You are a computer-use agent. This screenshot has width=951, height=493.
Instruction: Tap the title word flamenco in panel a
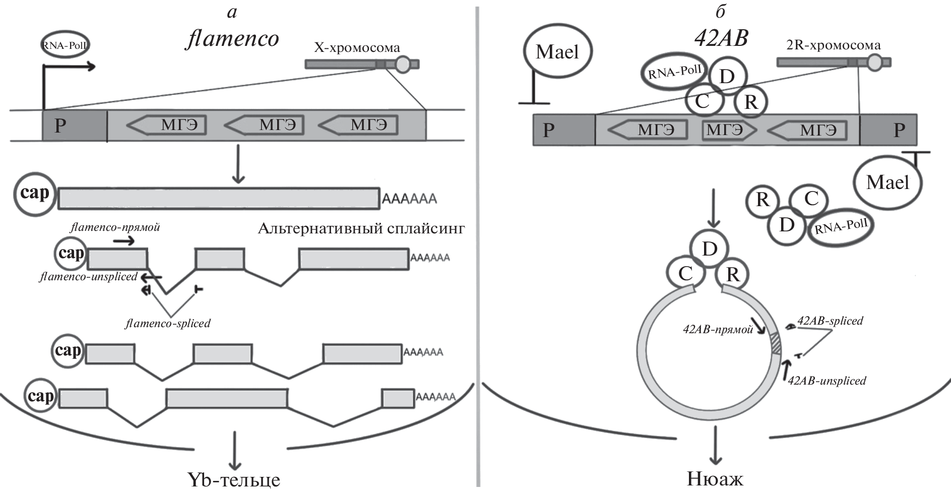coord(232,38)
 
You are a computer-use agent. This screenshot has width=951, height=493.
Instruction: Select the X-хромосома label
coord(357,48)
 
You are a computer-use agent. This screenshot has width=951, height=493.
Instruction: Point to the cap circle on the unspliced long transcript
coord(34,193)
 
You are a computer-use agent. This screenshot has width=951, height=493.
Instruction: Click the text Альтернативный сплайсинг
coord(361,229)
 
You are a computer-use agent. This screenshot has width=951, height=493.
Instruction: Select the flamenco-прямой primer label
coord(115,227)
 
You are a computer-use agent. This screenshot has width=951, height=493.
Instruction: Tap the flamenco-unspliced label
coord(89,277)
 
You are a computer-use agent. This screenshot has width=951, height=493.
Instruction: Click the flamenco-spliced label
coord(168,323)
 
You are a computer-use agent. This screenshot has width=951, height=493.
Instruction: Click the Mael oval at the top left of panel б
coord(557,52)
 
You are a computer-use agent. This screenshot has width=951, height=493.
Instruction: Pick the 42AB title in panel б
coord(721,38)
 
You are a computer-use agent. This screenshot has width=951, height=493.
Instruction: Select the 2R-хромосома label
coord(834,45)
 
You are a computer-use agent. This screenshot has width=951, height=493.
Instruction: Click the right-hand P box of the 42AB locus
coord(888,130)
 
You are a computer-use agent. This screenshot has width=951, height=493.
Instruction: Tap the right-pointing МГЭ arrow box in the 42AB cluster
coord(729,130)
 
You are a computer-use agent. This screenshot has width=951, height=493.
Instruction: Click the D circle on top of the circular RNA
coord(710,249)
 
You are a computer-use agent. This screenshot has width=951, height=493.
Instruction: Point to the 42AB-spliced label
coord(830,321)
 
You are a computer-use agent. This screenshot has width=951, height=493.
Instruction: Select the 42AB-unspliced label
coord(827,381)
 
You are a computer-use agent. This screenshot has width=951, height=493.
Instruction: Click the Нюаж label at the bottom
coord(715,478)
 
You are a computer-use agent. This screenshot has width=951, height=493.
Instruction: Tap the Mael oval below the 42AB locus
coord(887,182)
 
